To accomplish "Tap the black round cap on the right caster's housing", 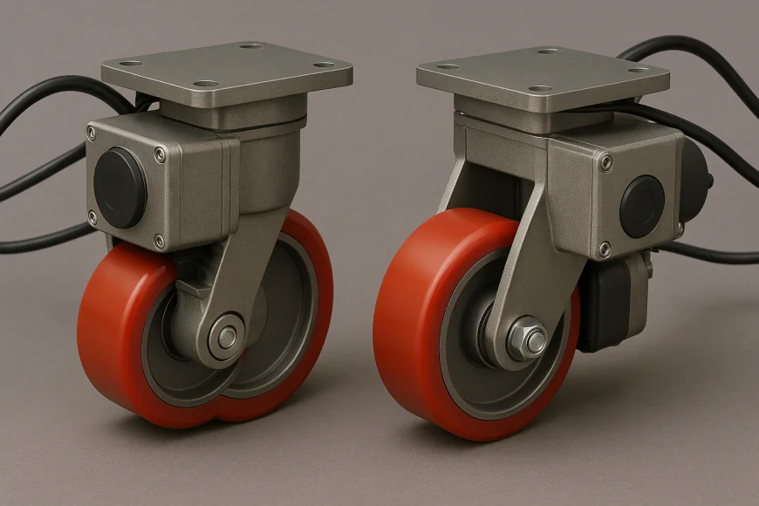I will (642, 206).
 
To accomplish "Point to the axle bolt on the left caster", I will (227, 336).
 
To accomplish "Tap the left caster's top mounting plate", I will (227, 74).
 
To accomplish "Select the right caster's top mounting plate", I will (541, 79).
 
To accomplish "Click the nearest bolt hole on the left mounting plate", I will (206, 85).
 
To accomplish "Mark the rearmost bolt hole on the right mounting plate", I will (548, 51).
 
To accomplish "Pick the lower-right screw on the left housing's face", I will (159, 240).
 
